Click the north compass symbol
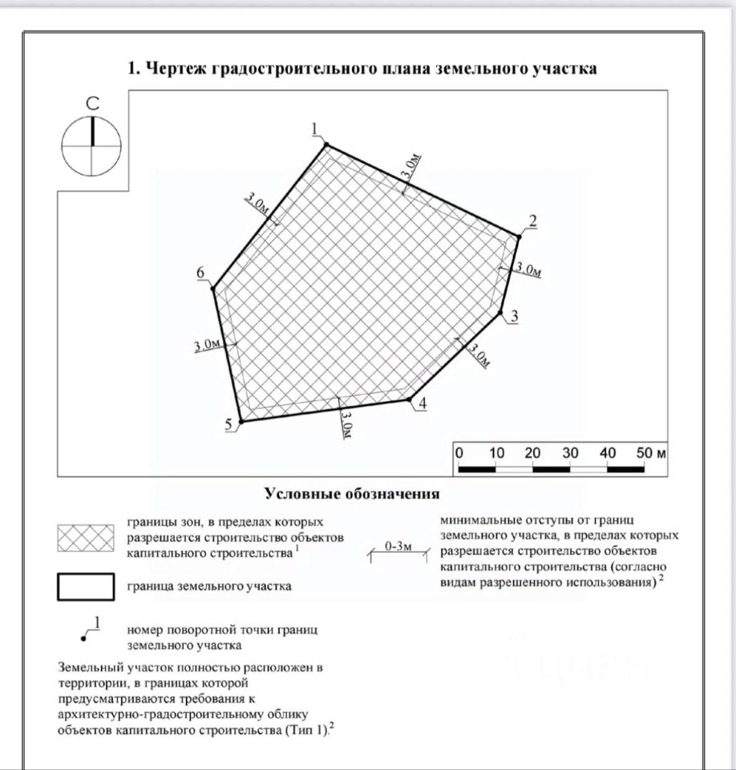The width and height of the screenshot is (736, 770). [91, 146]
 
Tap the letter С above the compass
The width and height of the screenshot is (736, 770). [92, 103]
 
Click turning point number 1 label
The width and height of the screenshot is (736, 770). [315, 128]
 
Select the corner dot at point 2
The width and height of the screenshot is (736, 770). [519, 237]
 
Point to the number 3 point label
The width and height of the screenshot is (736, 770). [514, 317]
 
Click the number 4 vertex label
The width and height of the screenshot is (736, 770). [423, 403]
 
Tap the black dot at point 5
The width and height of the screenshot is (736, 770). [241, 420]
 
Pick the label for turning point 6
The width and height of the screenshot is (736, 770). [201, 274]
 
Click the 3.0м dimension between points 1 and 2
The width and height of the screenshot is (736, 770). [409, 166]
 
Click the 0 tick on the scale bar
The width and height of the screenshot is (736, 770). [459, 453]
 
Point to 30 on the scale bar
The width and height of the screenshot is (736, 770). [570, 453]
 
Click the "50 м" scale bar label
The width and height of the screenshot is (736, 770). [651, 453]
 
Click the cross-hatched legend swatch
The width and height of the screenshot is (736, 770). [85, 538]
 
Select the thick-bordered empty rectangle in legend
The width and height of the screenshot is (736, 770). [85, 586]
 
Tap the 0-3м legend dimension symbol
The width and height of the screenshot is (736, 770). [398, 549]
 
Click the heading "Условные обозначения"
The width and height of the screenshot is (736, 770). [352, 492]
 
